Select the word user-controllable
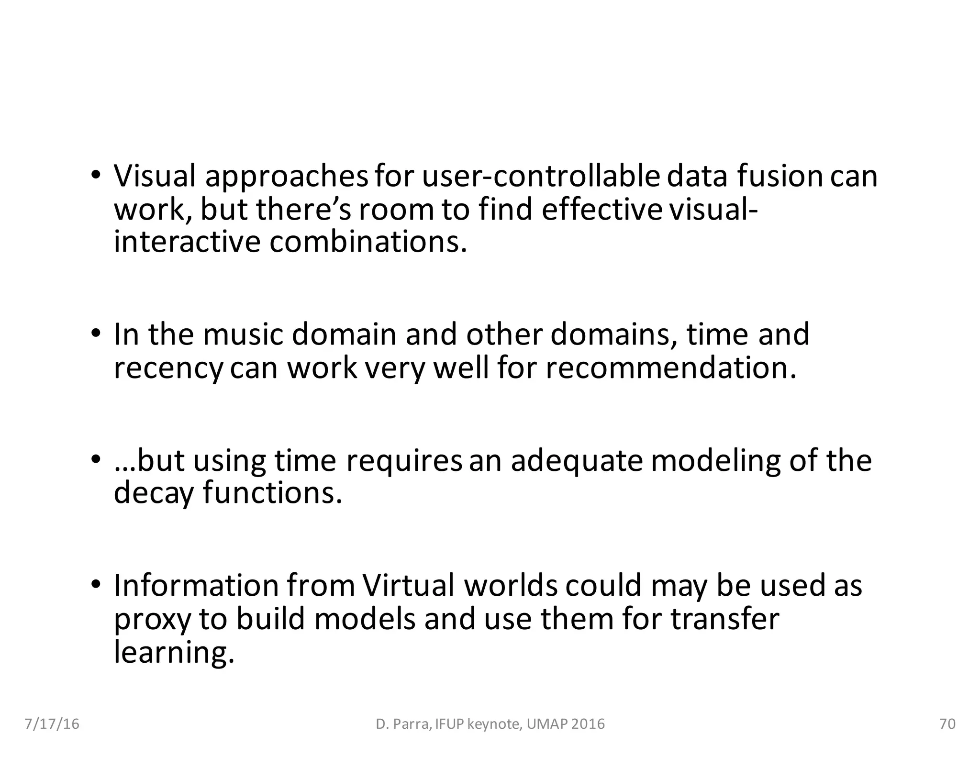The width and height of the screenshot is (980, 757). (x=541, y=176)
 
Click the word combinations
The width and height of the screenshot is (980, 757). (x=367, y=242)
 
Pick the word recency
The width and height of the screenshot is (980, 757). (x=168, y=368)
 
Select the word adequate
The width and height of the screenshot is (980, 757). (x=576, y=460)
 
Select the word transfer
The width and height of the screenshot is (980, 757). (x=724, y=618)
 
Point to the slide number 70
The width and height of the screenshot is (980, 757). (x=947, y=724)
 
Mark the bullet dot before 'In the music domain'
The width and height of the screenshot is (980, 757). (x=96, y=333)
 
